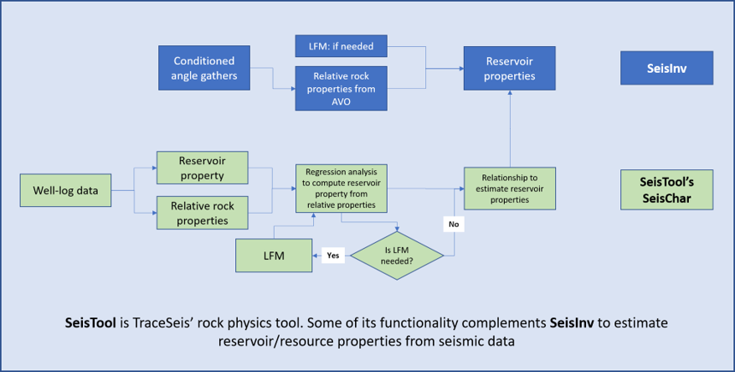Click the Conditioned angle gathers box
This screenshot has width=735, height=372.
204,69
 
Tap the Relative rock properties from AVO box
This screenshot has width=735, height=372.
341,88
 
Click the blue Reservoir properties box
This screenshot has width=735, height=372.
510,69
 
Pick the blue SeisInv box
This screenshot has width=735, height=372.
667,69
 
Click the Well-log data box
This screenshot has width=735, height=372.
66,190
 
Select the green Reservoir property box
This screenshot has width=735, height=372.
203,168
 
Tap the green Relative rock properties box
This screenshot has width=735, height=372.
203,213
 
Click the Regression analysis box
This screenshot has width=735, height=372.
341,188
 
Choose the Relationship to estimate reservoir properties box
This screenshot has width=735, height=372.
510,189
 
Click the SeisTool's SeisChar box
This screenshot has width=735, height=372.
667,190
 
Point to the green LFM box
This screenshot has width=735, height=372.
273,255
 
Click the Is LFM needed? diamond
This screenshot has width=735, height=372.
396,255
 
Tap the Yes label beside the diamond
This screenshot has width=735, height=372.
332,255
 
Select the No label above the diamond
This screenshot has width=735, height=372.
453,225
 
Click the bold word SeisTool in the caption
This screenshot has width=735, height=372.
94,323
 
